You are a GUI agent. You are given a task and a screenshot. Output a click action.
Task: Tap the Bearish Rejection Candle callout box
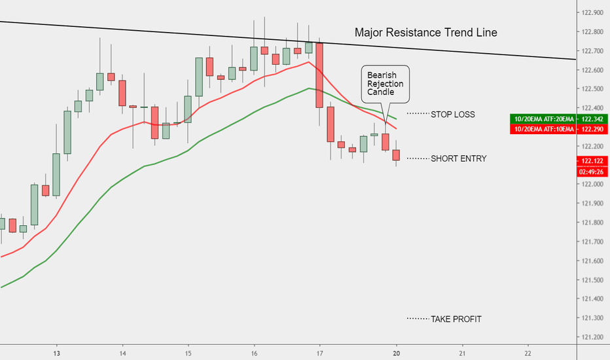pos(386,84)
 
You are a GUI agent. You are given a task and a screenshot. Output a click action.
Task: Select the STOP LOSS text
pos(453,115)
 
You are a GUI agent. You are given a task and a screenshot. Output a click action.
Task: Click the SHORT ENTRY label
pos(458,158)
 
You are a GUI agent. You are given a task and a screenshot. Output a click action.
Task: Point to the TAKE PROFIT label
pos(456,319)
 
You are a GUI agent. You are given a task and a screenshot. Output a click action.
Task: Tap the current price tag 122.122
pos(591,161)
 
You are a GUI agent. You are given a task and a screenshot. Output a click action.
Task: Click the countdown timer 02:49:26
pos(591,172)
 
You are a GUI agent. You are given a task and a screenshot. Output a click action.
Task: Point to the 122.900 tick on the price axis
pos(592,12)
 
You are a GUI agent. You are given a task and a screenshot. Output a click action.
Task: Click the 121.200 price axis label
pos(592,337)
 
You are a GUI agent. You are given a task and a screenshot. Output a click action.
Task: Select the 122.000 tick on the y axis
pos(592,184)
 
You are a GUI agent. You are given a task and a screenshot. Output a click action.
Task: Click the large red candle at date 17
pos(319,75)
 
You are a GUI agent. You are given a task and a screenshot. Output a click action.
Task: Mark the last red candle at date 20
pos(396,155)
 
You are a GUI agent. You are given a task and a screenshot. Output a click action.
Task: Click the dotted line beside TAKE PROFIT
pos(417,319)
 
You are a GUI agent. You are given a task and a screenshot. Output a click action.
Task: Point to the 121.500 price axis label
pos(592,280)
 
